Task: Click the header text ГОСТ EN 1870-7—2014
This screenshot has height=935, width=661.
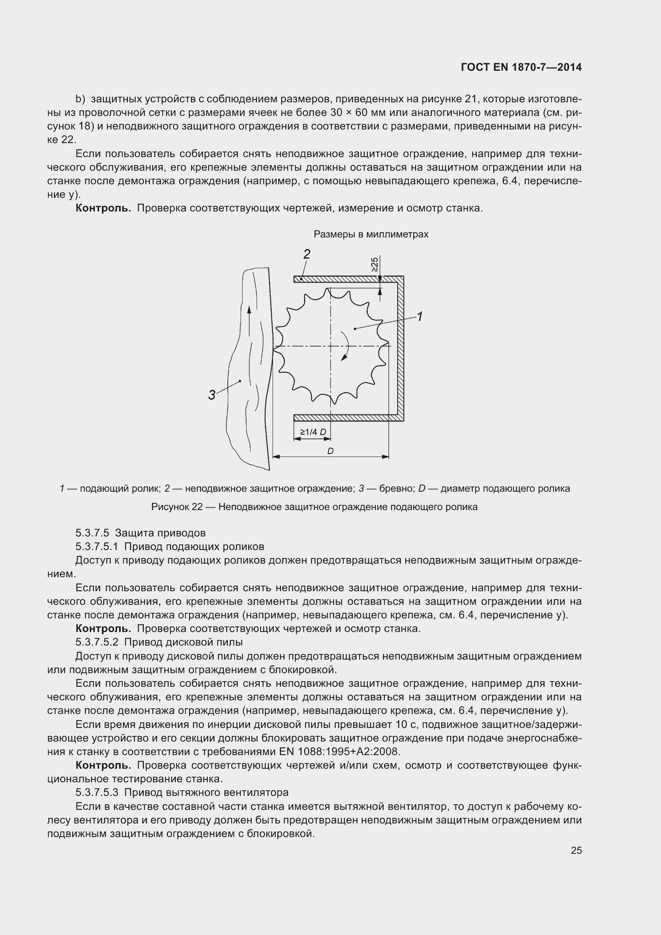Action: click(521, 68)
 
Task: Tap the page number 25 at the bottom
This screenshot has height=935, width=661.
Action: click(576, 850)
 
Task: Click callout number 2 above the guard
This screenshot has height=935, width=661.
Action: click(307, 255)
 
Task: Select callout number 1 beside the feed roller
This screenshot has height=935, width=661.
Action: click(420, 317)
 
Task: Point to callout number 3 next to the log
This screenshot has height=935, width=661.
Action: click(212, 395)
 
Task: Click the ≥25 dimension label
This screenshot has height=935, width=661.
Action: click(374, 264)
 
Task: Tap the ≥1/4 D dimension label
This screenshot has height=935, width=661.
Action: click(313, 432)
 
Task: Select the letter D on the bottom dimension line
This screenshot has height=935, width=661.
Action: click(330, 451)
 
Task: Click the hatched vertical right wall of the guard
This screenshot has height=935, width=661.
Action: click(400, 348)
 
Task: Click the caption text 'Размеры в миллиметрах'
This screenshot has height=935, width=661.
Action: click(371, 234)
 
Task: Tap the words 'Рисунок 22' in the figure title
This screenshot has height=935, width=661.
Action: click(177, 507)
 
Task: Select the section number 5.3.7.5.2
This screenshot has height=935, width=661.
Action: click(97, 642)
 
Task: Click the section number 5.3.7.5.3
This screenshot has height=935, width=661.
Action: click(97, 792)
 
